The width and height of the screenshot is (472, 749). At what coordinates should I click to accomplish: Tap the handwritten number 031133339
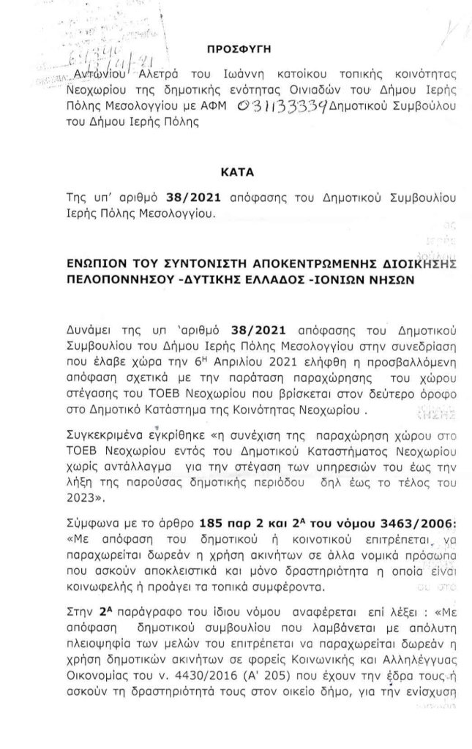click(281, 107)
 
